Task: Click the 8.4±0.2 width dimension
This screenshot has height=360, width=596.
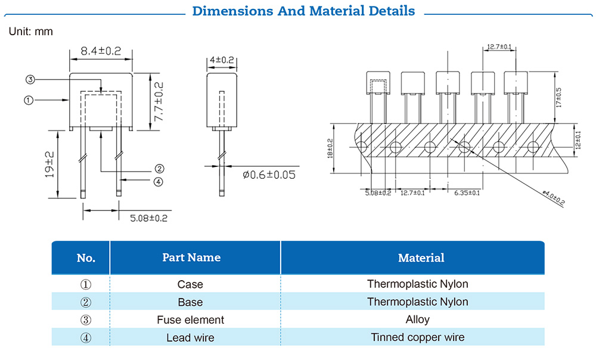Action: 101,51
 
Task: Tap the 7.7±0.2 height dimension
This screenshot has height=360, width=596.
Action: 159,102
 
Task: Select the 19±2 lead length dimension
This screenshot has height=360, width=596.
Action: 49,164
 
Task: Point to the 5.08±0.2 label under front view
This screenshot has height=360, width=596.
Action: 148,218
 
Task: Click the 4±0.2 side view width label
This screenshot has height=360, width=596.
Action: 222,60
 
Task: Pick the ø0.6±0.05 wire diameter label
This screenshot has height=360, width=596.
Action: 269,175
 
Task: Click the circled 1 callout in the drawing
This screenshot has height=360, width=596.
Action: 28,100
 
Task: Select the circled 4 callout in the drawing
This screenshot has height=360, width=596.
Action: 158,182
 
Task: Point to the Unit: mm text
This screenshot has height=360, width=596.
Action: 31,31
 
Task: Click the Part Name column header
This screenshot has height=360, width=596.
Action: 191,257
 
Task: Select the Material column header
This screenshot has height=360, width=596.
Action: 421,257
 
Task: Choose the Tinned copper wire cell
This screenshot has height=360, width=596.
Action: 417,337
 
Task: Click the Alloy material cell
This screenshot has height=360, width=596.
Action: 417,319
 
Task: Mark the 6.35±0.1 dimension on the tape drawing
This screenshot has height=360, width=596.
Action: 467,193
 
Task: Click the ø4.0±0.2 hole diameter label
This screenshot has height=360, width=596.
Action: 553,197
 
